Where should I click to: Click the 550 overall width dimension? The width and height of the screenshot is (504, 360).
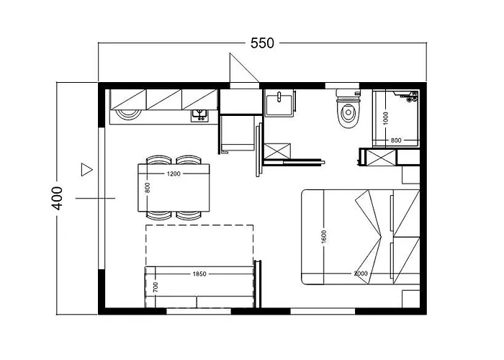point(262,43)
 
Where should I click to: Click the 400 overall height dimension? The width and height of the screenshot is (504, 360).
point(58,198)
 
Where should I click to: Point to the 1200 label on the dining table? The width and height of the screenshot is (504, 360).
point(173,174)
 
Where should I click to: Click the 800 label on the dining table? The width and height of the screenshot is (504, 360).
point(147,187)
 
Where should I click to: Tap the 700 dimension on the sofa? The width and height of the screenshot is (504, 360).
point(154,286)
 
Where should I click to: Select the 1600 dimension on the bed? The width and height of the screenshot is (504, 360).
point(325,235)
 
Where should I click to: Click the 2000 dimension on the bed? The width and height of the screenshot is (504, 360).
point(362,274)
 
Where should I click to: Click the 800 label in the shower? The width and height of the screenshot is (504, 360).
point(395,140)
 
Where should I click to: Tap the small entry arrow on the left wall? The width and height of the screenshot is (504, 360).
point(87,170)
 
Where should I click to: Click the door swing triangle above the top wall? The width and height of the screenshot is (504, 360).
point(238,70)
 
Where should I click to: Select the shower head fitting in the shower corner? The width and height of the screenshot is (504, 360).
point(411,95)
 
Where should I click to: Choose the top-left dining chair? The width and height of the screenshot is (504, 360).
point(158,161)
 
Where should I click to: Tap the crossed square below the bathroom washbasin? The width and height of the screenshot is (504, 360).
point(276,151)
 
